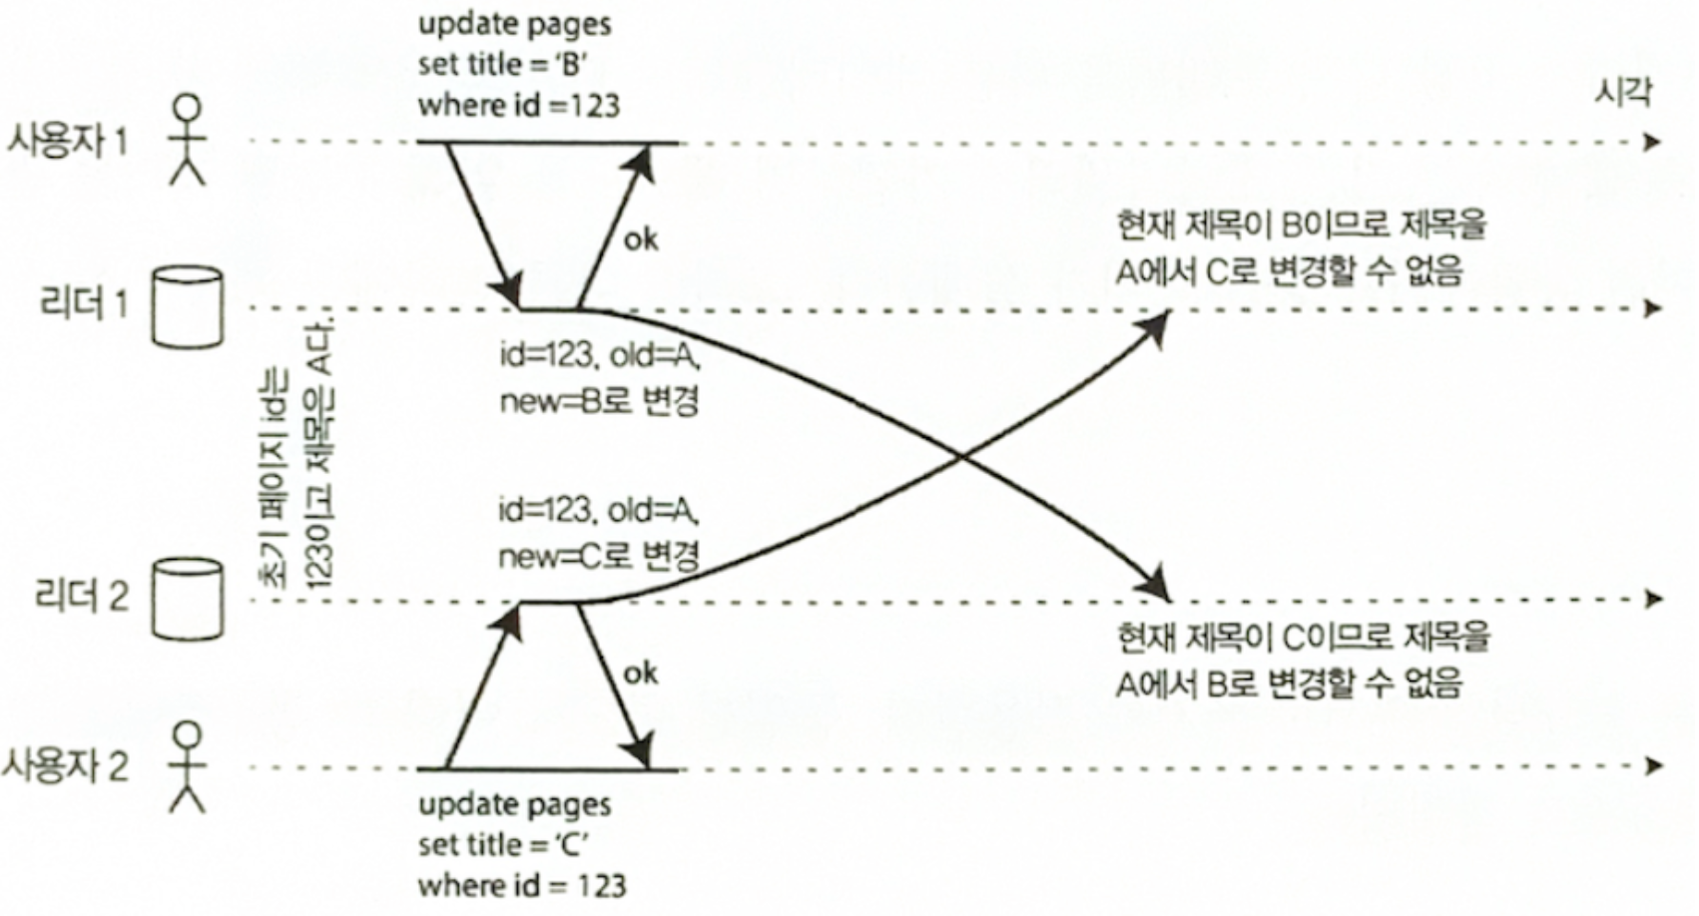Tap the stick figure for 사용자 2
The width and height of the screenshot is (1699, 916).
(187, 766)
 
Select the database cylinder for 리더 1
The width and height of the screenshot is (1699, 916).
(187, 306)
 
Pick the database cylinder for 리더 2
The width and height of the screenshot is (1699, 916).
(187, 598)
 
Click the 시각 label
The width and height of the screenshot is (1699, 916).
(1623, 93)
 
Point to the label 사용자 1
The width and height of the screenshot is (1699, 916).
(68, 141)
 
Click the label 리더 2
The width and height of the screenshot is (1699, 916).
(82, 597)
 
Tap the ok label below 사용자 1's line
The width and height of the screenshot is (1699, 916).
(640, 239)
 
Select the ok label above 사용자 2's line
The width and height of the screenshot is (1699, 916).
(640, 674)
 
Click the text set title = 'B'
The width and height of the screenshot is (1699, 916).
(502, 65)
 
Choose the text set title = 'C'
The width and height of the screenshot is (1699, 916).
(503, 845)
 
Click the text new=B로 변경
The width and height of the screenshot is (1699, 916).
(599, 401)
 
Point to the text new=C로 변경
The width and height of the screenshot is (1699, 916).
(599, 556)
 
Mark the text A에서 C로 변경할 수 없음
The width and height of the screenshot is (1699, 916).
(1289, 270)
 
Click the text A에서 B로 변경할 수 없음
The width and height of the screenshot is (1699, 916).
(1289, 684)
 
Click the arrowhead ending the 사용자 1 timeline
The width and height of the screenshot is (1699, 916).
(1653, 142)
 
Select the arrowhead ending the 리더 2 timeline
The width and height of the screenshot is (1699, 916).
(1653, 599)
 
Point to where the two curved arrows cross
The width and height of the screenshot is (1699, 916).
(960, 457)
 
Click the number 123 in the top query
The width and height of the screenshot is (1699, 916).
(596, 106)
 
